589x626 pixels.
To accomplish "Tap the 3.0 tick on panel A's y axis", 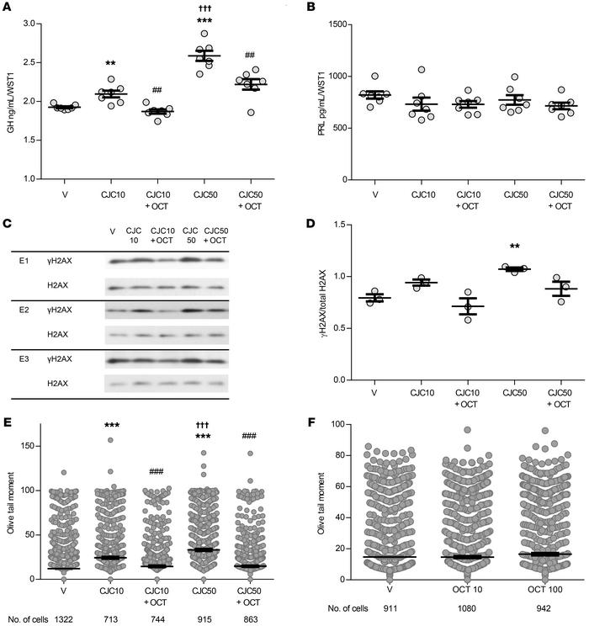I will (38, 24).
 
